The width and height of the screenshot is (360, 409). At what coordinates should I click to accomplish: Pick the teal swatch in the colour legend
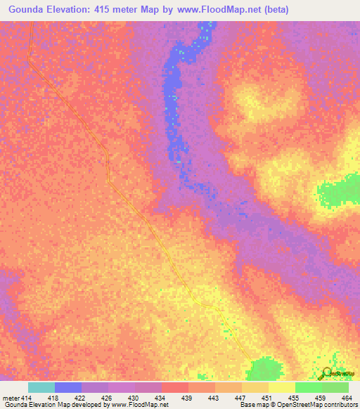coord(41,387)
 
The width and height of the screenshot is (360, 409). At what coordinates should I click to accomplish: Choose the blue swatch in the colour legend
coord(68,387)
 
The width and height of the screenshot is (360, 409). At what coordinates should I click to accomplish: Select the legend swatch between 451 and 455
coord(281,387)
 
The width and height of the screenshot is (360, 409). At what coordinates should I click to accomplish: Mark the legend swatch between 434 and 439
coord(175,387)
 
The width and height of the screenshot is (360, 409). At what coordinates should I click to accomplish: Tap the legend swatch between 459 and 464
coord(335,387)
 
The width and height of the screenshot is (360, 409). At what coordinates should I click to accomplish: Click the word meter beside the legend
coord(11,397)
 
